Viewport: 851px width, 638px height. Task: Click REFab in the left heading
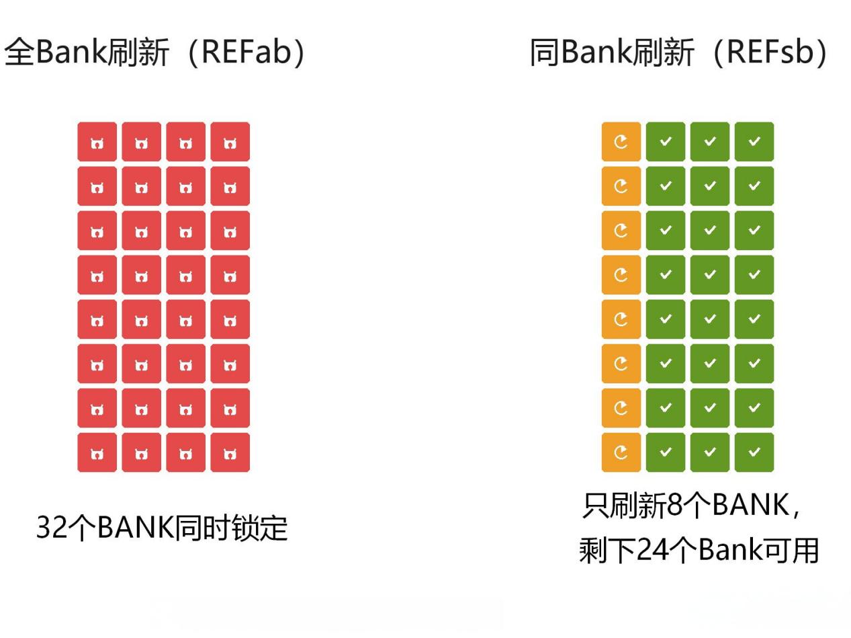(247, 52)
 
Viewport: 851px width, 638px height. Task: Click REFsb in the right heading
(770, 52)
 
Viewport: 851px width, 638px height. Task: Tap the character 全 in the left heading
(19, 52)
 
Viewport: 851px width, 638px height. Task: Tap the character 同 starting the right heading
(545, 52)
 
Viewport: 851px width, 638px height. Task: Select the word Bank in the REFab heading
(71, 52)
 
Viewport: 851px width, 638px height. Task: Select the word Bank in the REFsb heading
(596, 52)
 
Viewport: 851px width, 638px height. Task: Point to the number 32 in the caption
(51, 527)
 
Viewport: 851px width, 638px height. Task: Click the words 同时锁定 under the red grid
(231, 527)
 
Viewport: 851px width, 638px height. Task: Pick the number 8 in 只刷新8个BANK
(675, 505)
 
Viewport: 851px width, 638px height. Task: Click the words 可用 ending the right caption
(791, 551)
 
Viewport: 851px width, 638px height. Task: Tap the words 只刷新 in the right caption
(625, 505)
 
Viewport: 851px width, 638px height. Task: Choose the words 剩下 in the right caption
(607, 551)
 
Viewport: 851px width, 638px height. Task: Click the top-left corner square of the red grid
(97, 142)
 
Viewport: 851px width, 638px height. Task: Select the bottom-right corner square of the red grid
(230, 452)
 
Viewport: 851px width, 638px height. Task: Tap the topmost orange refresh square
(621, 142)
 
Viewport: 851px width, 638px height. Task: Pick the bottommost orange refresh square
(621, 452)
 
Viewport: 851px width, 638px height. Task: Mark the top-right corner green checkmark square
(754, 142)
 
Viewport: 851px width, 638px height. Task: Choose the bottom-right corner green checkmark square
(754, 452)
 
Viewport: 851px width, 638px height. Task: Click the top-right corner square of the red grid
(230, 142)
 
